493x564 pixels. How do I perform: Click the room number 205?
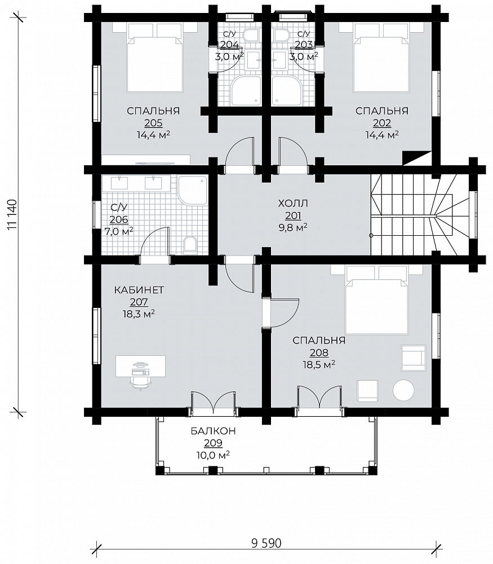[x=153, y=123]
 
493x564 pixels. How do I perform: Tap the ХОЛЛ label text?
[x=293, y=204]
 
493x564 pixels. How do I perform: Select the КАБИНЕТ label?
[x=139, y=290]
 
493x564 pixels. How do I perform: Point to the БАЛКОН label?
[x=213, y=431]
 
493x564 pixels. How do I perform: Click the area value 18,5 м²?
[x=319, y=365]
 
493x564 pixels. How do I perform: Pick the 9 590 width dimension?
[x=267, y=543]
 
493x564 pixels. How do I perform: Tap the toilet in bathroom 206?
[x=190, y=244]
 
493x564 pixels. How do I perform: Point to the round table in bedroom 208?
[x=403, y=390]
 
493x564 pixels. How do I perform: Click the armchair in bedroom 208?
[x=414, y=358]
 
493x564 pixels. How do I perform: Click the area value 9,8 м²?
[x=293, y=228]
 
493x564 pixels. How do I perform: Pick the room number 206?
[x=119, y=219]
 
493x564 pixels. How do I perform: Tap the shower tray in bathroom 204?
[x=246, y=91]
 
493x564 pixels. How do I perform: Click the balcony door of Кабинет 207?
[x=214, y=403]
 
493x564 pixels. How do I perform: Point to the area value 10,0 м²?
[x=213, y=455]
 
